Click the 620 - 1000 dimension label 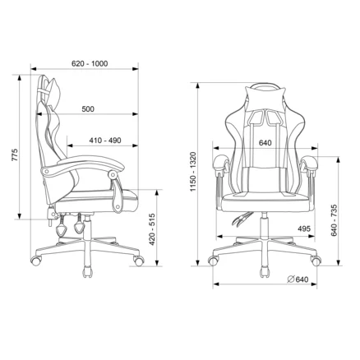pos(90,63)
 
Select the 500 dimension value pos(88,109)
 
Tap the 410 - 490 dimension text pos(105,141)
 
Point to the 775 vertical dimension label pos(15,155)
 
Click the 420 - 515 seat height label pos(152,229)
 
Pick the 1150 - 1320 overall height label pos(193,172)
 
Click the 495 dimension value pos(304,228)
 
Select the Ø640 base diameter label pos(298,279)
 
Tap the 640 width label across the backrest pos(265,143)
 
